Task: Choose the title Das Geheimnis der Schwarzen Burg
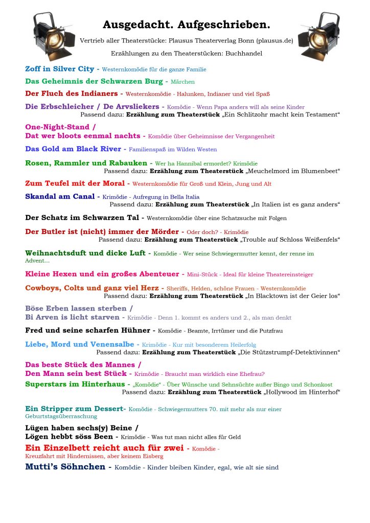click(94, 81)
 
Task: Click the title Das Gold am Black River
click(73, 149)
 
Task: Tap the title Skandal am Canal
click(60, 196)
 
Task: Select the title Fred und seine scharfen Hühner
click(87, 330)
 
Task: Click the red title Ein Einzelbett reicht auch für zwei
click(103, 448)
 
